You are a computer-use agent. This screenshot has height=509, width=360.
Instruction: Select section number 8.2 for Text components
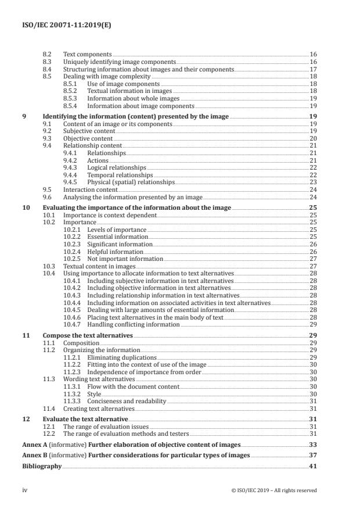coord(48,54)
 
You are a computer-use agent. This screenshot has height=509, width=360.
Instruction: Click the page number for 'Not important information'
coord(312,259)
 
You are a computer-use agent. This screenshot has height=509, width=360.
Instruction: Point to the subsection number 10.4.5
coord(73,310)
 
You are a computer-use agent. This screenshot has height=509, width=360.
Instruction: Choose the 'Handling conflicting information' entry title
coord(133,324)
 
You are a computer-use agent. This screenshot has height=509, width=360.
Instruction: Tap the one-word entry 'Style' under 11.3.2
coord(94,393)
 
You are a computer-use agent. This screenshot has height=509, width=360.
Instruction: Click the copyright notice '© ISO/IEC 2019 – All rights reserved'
coord(273,490)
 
